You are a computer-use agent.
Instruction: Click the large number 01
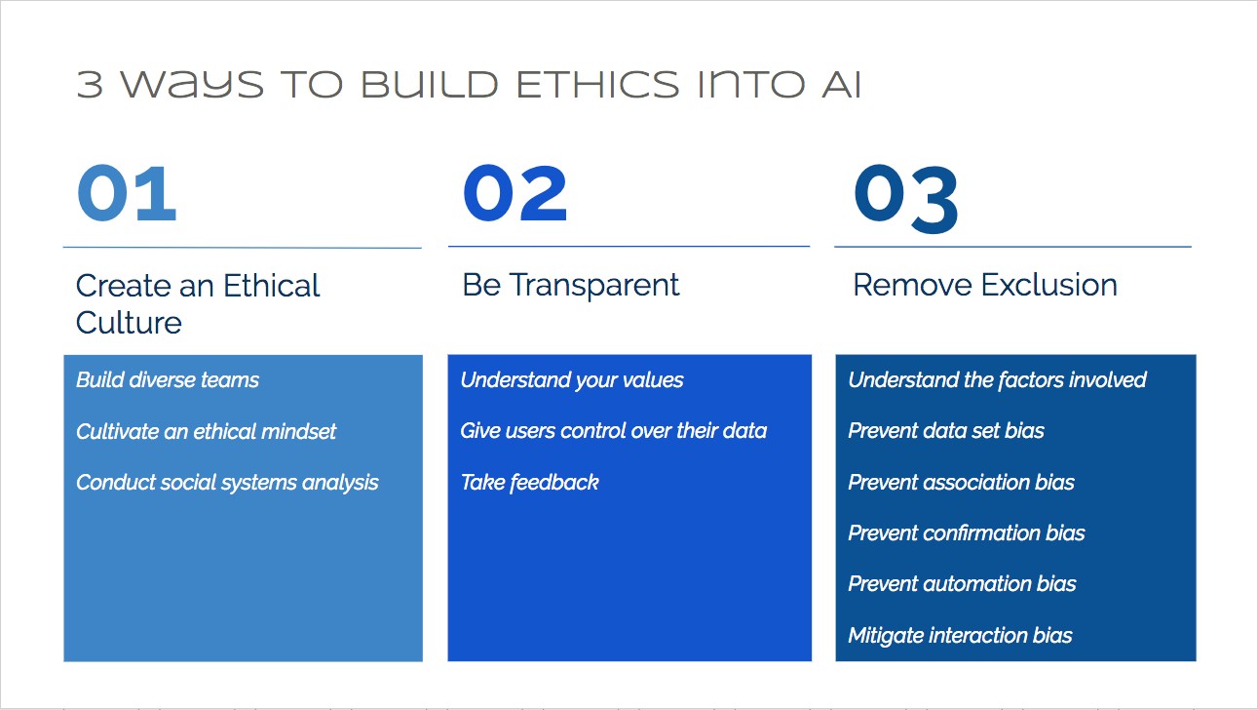[127, 193]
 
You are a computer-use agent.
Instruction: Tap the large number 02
[515, 193]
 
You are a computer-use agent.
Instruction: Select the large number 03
[906, 199]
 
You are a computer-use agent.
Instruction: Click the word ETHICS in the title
[597, 85]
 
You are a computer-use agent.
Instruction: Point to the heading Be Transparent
[571, 285]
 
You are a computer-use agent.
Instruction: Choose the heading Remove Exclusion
[985, 285]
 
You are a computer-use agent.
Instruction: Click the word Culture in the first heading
[129, 323]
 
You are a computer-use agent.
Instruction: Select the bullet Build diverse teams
[168, 380]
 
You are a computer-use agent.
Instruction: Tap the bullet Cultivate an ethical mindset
[207, 432]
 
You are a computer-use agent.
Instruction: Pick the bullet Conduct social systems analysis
[227, 483]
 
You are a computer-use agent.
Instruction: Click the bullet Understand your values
[572, 380]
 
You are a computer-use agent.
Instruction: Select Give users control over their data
[614, 431]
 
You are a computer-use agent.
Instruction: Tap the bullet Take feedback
[529, 483]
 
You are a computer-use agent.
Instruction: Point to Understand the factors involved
[998, 380]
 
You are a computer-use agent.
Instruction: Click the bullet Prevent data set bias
[946, 431]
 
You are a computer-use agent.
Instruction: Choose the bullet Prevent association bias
[962, 483]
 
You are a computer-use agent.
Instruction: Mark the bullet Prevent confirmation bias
[967, 532]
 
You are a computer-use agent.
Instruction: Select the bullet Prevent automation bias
[962, 584]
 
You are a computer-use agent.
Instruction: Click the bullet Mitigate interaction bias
[961, 636]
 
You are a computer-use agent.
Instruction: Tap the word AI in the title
[842, 85]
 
